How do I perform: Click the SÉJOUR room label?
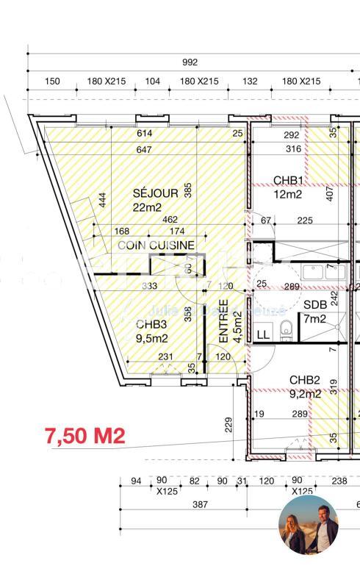click(x=155, y=193)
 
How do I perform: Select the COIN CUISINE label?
click(x=156, y=245)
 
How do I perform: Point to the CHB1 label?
click(x=289, y=180)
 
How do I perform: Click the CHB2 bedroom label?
click(x=304, y=380)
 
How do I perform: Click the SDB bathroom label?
click(x=316, y=304)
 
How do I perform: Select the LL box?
click(x=262, y=334)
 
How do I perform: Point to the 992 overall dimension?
click(x=190, y=62)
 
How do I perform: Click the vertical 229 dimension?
click(x=228, y=426)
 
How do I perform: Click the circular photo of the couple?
click(x=308, y=524)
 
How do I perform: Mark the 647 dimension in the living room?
click(x=143, y=150)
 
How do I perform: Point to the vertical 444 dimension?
click(x=102, y=200)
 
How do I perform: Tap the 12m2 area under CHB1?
click(x=288, y=194)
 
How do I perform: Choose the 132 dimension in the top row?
click(x=250, y=82)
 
